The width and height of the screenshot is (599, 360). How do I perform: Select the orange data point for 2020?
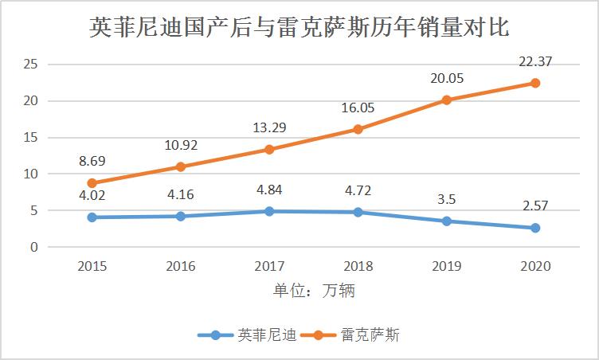click(x=534, y=83)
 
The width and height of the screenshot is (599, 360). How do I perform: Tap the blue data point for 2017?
click(x=269, y=211)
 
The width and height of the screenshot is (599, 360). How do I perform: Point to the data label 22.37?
click(x=534, y=61)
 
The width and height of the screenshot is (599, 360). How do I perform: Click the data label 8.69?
click(x=92, y=161)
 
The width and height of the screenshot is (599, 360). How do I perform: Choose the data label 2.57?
click(x=534, y=206)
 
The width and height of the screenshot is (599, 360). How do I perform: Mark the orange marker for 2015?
click(x=92, y=182)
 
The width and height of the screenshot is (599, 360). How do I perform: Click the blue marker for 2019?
click(x=446, y=221)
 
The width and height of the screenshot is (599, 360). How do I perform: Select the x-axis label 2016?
click(x=181, y=266)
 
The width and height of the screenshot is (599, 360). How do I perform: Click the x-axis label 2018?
click(x=358, y=266)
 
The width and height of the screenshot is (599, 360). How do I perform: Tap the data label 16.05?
click(x=358, y=107)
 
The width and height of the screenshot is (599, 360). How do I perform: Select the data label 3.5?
click(x=446, y=199)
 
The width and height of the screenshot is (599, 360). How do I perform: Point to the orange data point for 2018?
click(x=358, y=129)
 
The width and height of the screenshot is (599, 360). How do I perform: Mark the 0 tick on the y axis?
click(x=33, y=247)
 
